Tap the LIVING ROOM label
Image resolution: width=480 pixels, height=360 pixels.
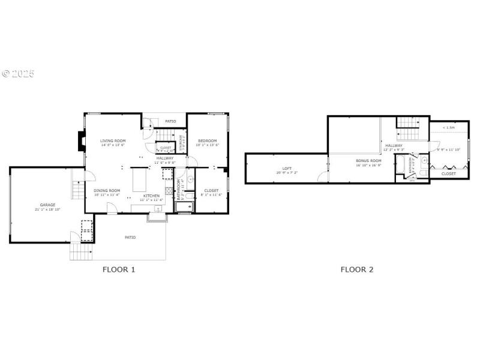coord(113,140)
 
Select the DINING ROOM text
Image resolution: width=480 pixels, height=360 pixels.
coord(107,191)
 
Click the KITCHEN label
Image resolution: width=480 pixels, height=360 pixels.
coord(151,196)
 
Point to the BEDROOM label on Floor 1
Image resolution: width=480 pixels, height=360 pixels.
coord(208,140)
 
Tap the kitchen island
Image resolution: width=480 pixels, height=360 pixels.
coord(139,179)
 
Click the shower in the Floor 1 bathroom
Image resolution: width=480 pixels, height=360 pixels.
coord(184,207)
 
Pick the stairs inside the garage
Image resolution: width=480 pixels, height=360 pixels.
coord(76,190)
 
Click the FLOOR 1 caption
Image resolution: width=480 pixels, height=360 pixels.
coord(119,269)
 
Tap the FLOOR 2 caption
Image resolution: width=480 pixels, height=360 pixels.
coord(357,269)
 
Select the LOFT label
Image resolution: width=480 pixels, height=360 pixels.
coord(287,169)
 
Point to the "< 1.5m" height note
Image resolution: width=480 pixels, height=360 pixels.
coord(448,127)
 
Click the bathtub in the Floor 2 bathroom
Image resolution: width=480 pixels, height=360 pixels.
coord(400,165)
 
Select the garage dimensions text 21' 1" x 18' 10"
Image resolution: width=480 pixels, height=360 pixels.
coord(47,209)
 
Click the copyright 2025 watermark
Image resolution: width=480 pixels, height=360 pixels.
coord(18,74)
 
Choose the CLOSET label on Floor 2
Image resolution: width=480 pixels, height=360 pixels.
coord(448,173)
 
